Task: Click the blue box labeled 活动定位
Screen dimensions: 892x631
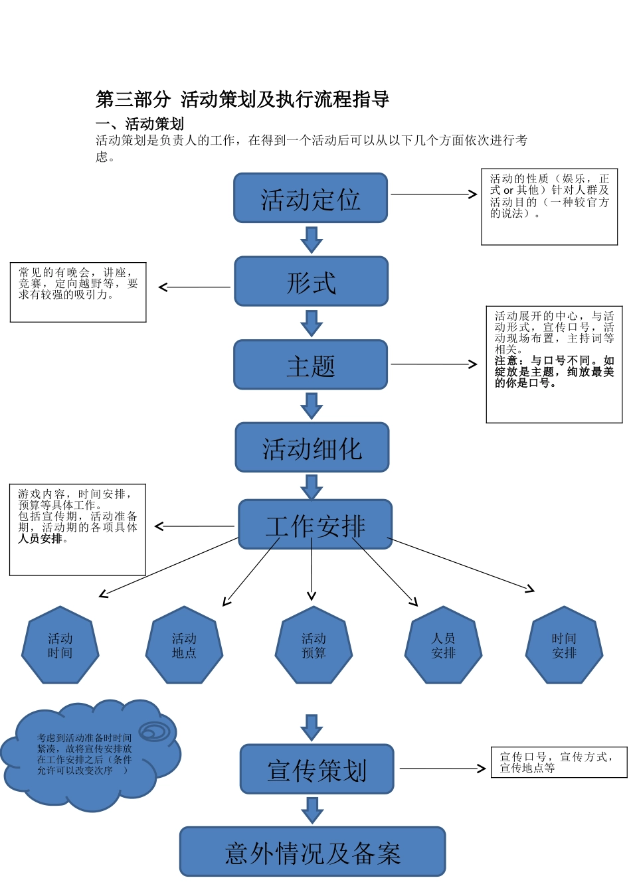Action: coord(310,198)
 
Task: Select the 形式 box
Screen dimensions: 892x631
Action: coord(311,281)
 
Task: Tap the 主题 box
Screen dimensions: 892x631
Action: coord(310,364)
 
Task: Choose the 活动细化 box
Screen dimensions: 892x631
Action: coord(312,447)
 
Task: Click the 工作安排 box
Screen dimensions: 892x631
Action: coord(315,524)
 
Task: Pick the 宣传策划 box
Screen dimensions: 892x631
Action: coord(317,769)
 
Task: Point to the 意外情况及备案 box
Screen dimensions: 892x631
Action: coord(312,852)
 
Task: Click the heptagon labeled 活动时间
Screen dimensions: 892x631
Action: coord(60,645)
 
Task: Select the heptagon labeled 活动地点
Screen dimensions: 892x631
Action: coord(184,645)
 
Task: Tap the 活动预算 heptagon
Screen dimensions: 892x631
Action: coord(314,645)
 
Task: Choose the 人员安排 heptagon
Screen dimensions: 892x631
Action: coord(443,645)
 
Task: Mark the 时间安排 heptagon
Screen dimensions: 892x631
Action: coord(564,645)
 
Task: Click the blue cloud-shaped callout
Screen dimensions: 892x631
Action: coord(86,757)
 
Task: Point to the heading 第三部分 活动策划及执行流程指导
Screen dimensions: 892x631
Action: coord(242,100)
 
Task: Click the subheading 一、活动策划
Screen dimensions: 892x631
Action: coord(139,123)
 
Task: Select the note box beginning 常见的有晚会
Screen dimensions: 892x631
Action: coord(78,292)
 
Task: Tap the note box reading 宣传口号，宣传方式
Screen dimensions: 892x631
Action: coord(559,762)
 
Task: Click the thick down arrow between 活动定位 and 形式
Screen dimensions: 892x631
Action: coord(311,240)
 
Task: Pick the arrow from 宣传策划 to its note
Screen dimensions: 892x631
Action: coord(442,769)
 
